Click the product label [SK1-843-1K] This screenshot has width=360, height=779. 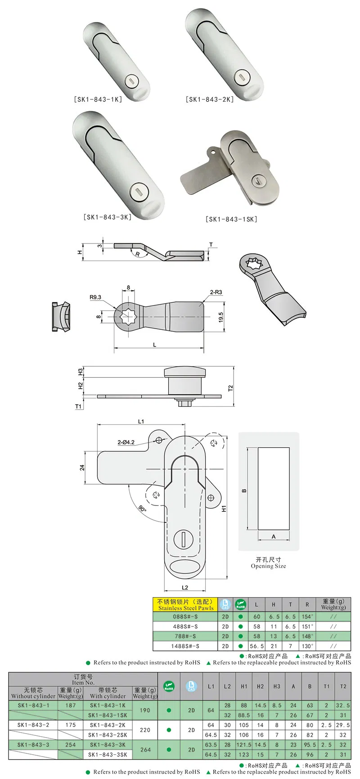click(98, 99)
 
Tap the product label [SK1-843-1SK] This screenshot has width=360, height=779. click(231, 219)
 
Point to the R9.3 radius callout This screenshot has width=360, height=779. click(95, 297)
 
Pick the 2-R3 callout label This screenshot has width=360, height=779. click(216, 293)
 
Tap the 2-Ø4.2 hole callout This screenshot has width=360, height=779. click(126, 442)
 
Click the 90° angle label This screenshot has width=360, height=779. click(142, 509)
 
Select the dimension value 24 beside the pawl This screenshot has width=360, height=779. click(82, 468)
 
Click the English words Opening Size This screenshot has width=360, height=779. click(268, 566)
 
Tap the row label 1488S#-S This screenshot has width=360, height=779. click(185, 646)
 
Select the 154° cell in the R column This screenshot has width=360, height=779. click(307, 617)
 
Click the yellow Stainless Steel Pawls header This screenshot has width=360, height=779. click(185, 604)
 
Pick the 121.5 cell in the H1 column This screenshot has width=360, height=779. click(244, 745)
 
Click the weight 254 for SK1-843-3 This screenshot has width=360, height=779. click(70, 745)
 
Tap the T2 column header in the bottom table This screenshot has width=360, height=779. click(343, 686)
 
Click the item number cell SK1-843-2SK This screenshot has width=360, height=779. click(108, 735)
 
